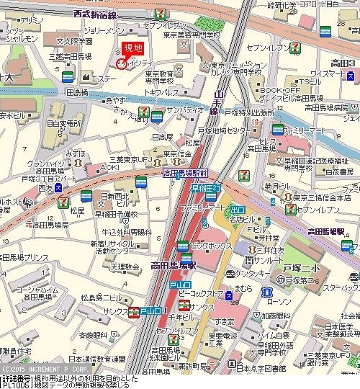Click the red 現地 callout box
133,48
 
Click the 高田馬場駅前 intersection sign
185,174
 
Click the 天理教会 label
105,267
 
